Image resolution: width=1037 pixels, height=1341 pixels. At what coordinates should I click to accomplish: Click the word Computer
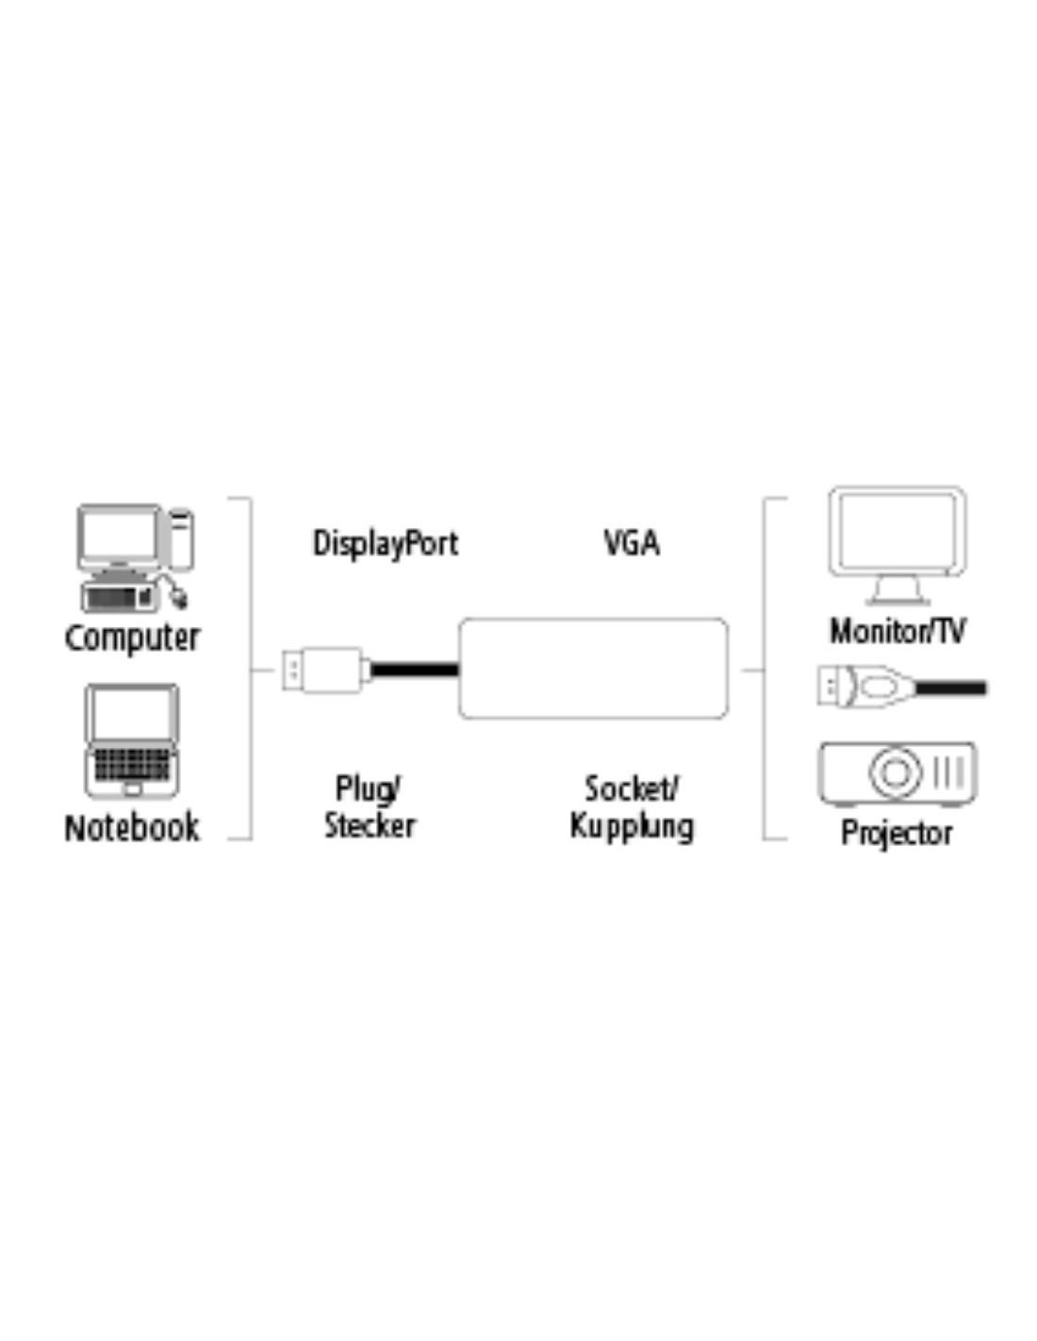coord(131,637)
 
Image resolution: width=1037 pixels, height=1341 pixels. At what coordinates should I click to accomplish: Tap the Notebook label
coord(131,828)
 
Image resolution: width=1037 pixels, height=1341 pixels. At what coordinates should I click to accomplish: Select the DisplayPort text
coord(386,544)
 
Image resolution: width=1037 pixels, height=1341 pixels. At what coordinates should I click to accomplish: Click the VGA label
coord(632,543)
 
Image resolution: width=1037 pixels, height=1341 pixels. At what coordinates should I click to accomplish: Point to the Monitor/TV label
coord(897,631)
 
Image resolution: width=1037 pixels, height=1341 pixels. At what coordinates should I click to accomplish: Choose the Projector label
coord(897,833)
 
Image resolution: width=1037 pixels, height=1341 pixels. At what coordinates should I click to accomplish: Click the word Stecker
coord(370,826)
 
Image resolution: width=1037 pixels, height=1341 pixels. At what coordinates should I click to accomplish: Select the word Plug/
coord(369,789)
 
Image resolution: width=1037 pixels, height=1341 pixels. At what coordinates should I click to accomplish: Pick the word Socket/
coord(632,788)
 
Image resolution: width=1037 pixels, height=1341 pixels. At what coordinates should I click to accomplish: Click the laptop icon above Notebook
coord(132,740)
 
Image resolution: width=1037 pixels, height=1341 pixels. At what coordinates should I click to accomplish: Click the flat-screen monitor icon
coord(897,546)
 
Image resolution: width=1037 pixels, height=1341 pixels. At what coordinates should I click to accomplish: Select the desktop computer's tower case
coord(181,538)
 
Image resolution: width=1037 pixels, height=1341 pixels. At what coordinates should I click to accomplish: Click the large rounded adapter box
coord(593,669)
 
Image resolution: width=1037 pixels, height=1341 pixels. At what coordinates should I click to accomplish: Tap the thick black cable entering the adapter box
coord(415,670)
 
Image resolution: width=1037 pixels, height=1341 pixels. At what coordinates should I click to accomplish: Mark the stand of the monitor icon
coord(897,591)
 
